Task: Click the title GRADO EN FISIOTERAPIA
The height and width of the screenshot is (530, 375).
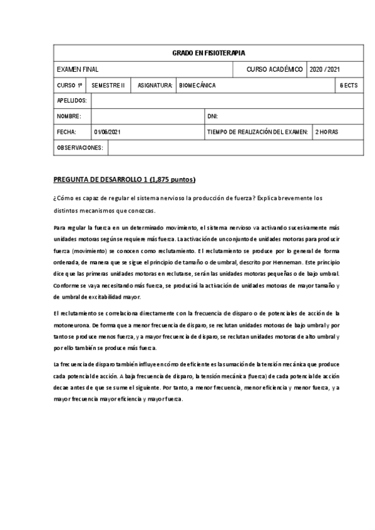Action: tap(208, 53)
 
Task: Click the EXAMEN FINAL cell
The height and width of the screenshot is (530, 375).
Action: tap(78, 69)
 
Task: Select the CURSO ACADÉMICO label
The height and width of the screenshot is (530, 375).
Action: tap(275, 69)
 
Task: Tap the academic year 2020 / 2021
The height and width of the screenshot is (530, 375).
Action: tap(326, 69)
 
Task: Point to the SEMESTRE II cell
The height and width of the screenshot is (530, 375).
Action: tap(108, 85)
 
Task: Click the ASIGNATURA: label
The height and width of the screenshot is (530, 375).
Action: tap(155, 85)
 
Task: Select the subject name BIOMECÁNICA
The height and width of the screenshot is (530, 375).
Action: tap(197, 85)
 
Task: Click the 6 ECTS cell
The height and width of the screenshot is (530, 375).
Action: tap(349, 85)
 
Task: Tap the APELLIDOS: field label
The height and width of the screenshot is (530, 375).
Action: tap(72, 101)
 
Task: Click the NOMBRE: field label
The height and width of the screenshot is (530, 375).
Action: tap(69, 116)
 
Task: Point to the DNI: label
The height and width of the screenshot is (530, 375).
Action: tap(212, 116)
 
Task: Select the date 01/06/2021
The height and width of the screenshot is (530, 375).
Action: tap(108, 132)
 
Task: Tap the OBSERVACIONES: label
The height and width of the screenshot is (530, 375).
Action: tap(80, 147)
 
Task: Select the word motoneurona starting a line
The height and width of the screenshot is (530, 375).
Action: tap(72, 326)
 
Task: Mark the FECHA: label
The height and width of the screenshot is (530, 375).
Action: tap(66, 132)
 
